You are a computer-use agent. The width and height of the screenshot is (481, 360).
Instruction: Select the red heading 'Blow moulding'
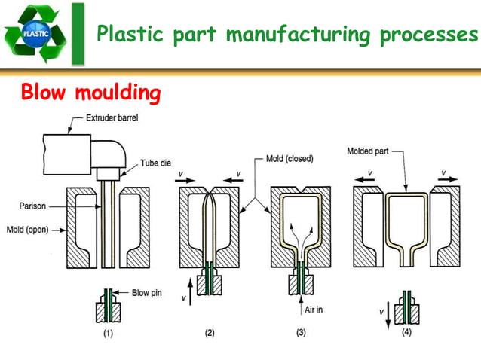point(90,93)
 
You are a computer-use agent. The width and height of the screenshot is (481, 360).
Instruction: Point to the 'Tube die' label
point(158,163)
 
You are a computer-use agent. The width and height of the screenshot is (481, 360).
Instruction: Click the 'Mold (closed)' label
point(290,159)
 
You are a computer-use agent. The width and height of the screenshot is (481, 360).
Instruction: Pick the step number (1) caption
point(108,336)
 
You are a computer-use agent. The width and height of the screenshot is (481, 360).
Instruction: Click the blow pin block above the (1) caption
point(108,308)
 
